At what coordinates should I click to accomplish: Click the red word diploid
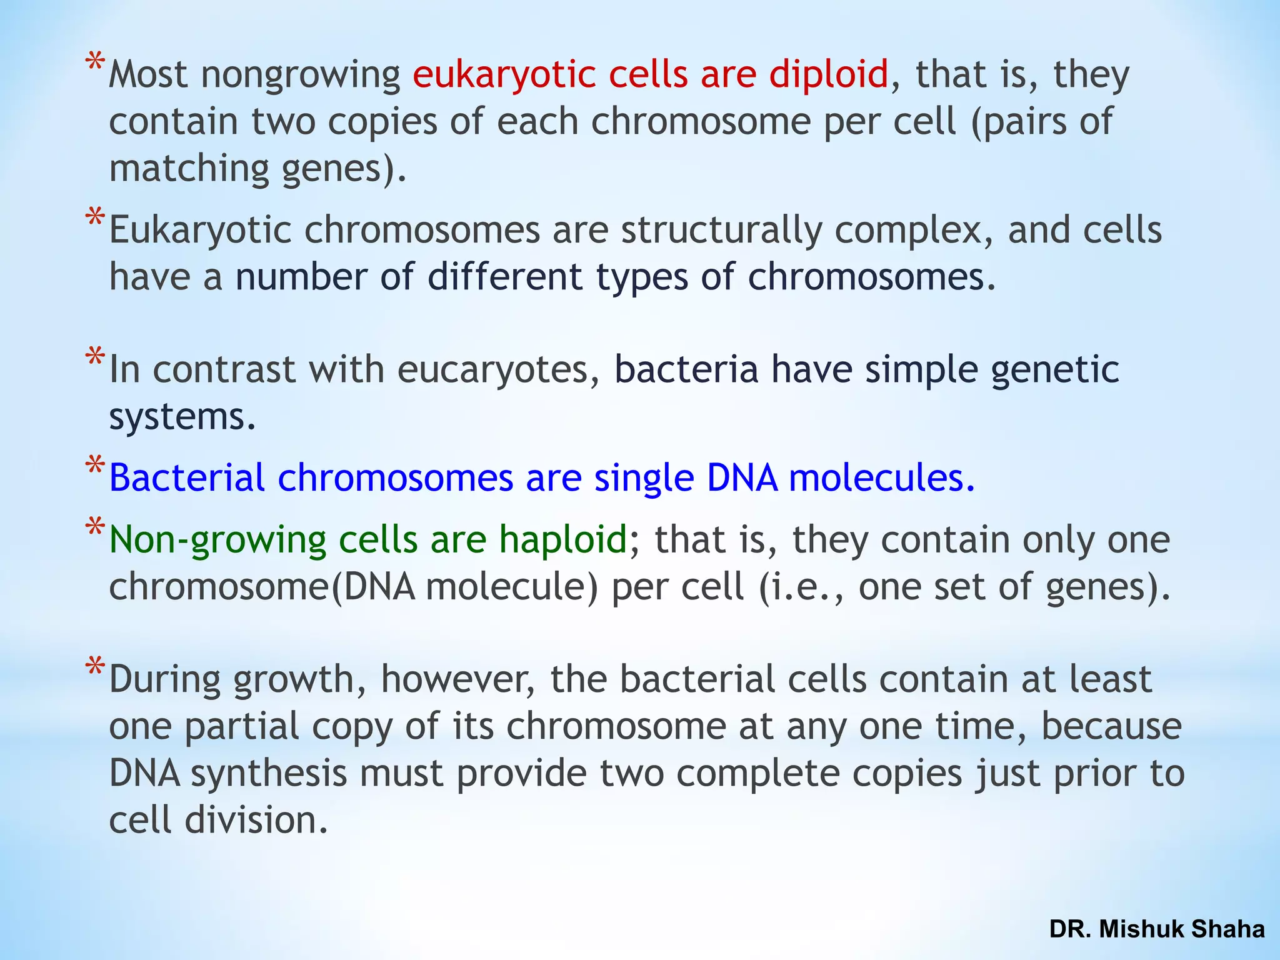pyautogui.click(x=828, y=75)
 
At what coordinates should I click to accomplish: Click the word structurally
pyautogui.click(x=721, y=231)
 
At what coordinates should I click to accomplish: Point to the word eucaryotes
pyautogui.click(x=493, y=370)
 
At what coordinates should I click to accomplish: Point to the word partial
pyautogui.click(x=242, y=727)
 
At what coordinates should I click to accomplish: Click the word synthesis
pyautogui.click(x=269, y=774)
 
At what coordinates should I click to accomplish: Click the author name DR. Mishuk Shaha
pyautogui.click(x=1157, y=929)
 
